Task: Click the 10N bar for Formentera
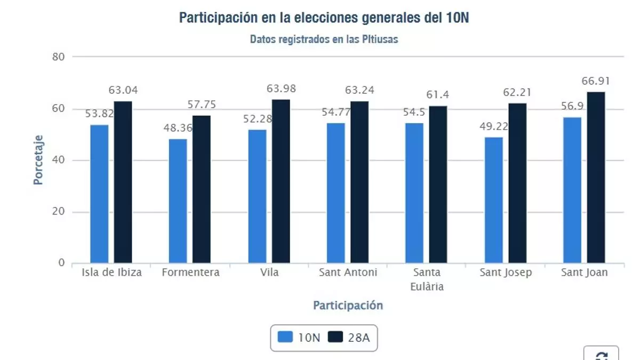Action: pos(178,201)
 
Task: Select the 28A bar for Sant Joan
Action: pos(596,178)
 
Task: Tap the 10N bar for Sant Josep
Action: pos(494,200)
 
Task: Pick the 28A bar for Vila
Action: pos(281,181)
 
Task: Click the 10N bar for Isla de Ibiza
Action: pos(99,194)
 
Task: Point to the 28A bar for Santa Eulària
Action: pos(438,185)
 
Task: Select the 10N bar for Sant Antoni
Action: pos(336,193)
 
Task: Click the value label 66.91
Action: pos(595,81)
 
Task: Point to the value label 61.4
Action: pos(438,95)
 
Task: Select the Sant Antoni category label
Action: pos(348,273)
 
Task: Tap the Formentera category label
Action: pos(190,273)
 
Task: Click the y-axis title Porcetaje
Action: pos(38,159)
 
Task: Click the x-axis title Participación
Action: pos(348,305)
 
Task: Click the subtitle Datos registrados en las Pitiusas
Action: pos(324,39)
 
